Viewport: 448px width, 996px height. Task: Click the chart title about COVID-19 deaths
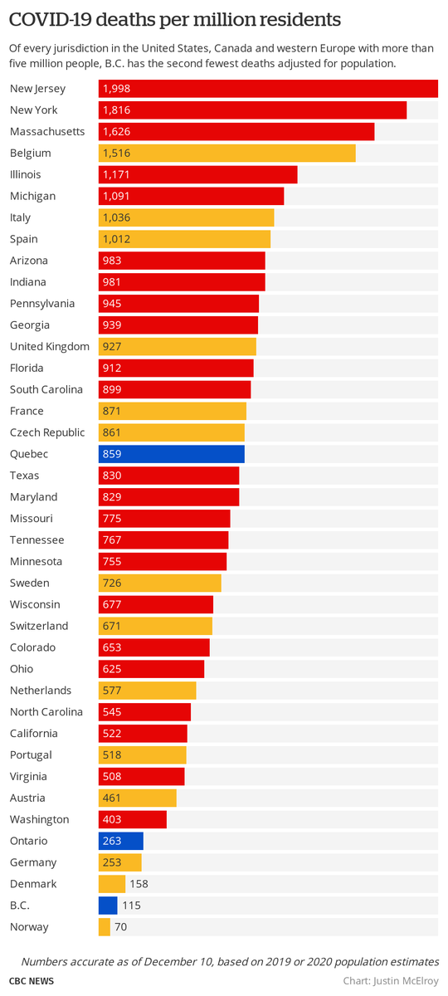coord(175,18)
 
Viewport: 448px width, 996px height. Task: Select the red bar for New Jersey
coord(268,89)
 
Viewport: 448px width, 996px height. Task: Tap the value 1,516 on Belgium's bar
coord(116,154)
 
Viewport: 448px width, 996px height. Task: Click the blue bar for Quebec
coord(172,454)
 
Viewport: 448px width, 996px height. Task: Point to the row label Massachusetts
coord(47,132)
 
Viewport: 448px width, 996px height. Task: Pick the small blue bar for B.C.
coord(108,906)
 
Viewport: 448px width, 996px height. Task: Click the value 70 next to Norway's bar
coord(121,927)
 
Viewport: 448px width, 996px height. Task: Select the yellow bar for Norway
coord(105,927)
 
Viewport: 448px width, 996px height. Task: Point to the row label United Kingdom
coord(50,347)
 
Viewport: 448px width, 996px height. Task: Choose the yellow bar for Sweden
coord(160,583)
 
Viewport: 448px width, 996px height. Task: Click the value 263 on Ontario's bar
coord(112,841)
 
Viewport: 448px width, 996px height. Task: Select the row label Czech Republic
coord(47,432)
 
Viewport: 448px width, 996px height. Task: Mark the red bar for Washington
coord(133,820)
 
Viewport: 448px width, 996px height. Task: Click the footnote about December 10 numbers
coord(230,961)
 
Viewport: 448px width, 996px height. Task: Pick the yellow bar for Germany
coord(120,862)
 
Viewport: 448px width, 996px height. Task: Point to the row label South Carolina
coord(46,390)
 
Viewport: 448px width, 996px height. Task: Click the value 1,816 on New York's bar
coord(116,110)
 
